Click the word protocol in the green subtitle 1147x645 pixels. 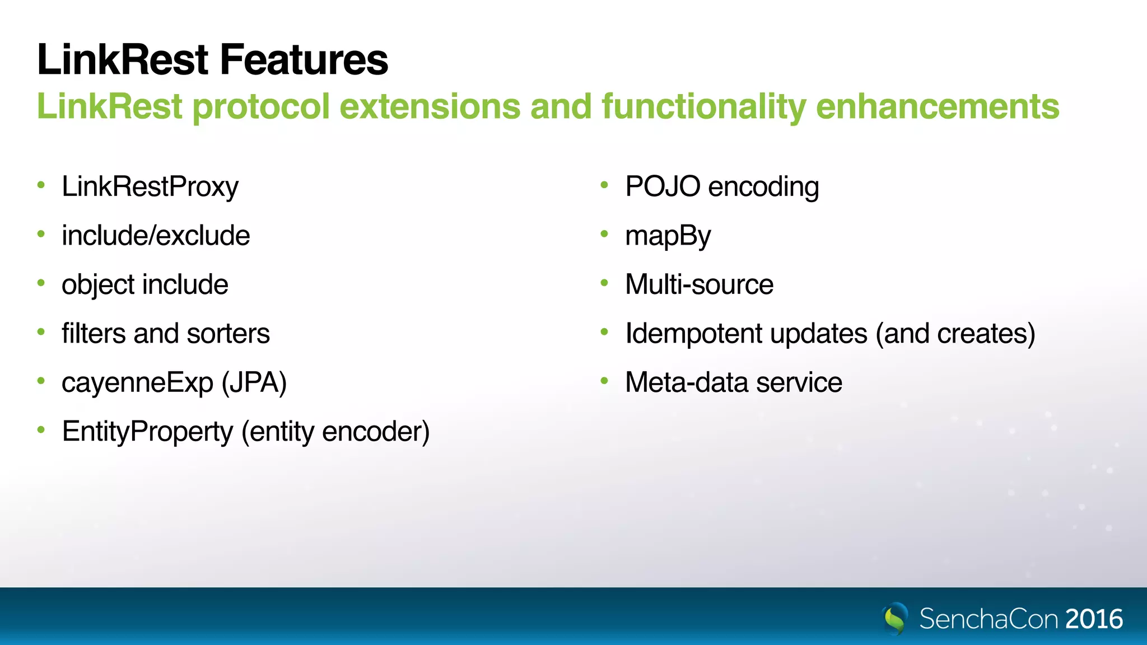coord(261,106)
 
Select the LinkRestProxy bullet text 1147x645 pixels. coord(150,186)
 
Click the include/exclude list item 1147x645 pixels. coord(156,235)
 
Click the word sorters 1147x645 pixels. coord(228,334)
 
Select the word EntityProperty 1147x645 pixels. coord(147,432)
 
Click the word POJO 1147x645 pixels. coord(663,186)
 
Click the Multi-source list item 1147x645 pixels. coord(699,284)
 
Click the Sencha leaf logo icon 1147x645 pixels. coord(895,618)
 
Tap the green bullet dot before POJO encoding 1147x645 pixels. coord(604,185)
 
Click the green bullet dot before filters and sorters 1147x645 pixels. coord(41,332)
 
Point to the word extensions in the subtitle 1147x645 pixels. coord(430,106)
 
